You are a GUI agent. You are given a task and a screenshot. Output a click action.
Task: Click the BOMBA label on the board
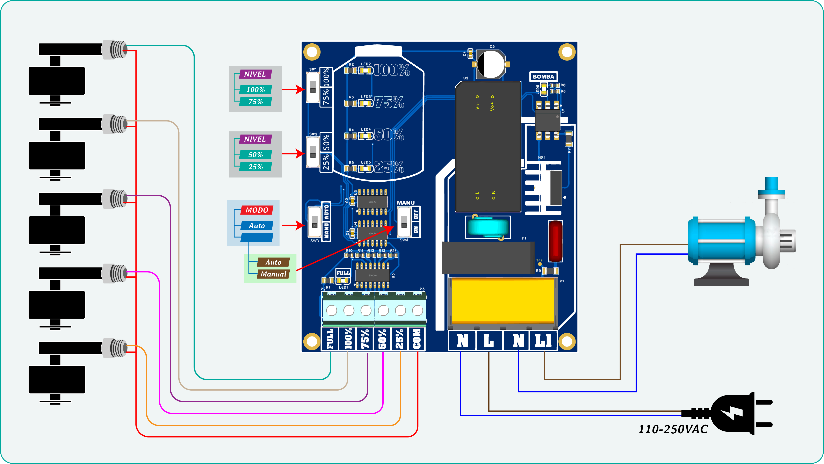[x=543, y=77]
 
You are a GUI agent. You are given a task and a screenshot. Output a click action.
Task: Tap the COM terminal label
[x=417, y=339]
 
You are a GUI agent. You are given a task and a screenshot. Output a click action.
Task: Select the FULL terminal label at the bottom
[x=330, y=339]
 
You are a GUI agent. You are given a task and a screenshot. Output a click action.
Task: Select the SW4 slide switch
[x=404, y=222]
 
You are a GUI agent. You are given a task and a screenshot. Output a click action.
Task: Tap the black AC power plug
[x=736, y=413]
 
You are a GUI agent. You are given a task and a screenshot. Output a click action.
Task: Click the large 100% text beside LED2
[x=392, y=70]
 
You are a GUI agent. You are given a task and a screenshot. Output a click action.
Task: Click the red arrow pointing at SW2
[x=293, y=154]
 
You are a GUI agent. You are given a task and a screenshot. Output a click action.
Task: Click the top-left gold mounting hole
[x=312, y=52]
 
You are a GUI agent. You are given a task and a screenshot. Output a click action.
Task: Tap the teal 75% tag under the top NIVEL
[x=256, y=102]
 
